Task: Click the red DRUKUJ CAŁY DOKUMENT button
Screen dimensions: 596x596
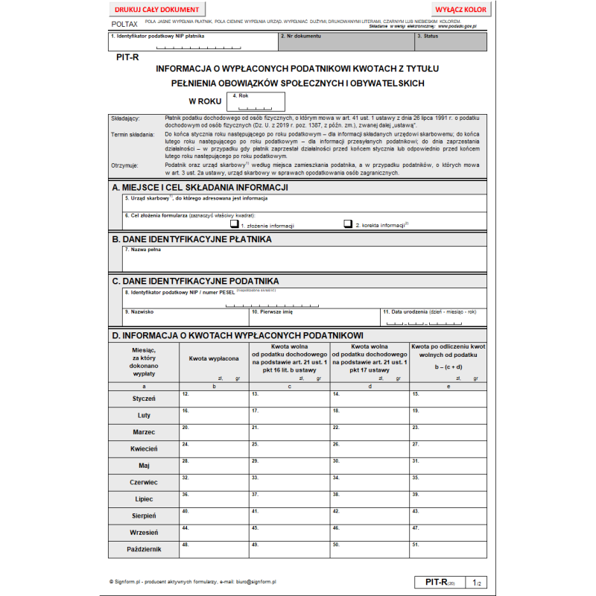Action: coord(157,10)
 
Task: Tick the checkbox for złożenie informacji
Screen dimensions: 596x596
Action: coord(233,223)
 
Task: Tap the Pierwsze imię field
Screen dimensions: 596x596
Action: coord(314,317)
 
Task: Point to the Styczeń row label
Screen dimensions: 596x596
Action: coord(144,399)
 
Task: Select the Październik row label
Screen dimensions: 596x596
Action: coord(144,549)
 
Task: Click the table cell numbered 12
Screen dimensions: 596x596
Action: coord(215,399)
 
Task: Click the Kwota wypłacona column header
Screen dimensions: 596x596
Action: coord(214,359)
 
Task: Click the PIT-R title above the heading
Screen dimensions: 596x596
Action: coord(127,57)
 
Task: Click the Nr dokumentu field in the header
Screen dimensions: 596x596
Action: coord(346,42)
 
